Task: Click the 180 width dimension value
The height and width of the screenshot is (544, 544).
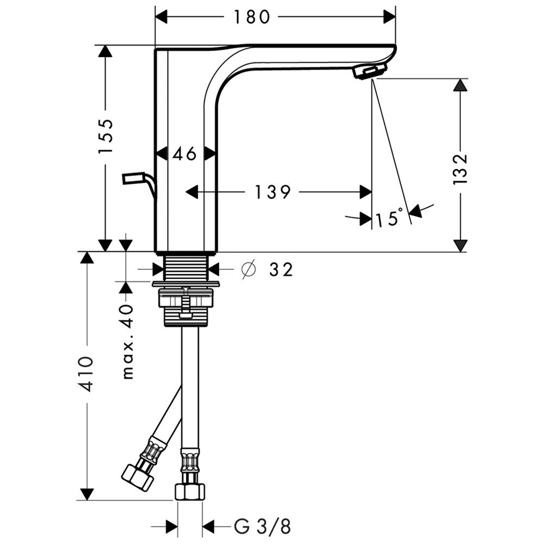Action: (x=251, y=17)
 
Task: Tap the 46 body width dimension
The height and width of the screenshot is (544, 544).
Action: (x=184, y=153)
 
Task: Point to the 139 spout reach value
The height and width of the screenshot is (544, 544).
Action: (x=273, y=192)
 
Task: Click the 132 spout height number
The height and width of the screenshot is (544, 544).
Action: (x=460, y=169)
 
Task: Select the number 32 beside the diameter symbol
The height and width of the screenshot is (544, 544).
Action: (x=281, y=269)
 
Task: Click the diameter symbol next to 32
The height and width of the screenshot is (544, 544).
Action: (x=249, y=269)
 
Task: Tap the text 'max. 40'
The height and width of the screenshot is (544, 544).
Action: (x=128, y=342)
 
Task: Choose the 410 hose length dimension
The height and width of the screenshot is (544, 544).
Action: (x=85, y=374)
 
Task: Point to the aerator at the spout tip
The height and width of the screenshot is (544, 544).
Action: (x=370, y=72)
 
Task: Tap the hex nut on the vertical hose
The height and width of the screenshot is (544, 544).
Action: (x=189, y=492)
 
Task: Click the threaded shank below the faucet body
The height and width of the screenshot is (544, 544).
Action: (x=186, y=268)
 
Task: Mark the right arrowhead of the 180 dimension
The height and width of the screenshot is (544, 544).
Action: (x=390, y=17)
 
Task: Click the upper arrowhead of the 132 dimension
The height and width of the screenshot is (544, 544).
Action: (x=460, y=85)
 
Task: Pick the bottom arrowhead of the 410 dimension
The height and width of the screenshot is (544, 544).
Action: (x=86, y=494)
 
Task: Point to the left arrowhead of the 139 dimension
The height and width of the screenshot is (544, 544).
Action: (x=192, y=192)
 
